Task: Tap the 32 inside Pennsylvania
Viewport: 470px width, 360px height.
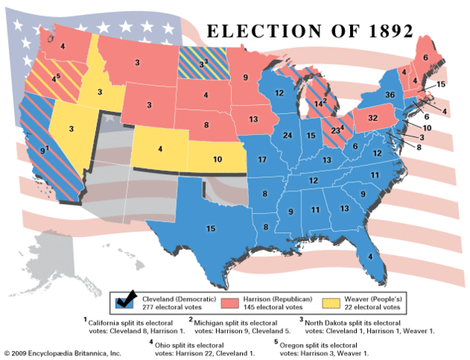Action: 372,118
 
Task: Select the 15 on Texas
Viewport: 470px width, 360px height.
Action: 211,228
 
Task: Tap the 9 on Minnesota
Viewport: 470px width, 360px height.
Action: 244,76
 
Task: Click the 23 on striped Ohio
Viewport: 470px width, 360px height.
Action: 334,130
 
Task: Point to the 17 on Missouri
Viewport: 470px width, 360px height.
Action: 262,160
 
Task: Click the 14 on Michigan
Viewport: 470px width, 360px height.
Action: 319,103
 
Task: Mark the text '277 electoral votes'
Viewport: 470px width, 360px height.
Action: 175,307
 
